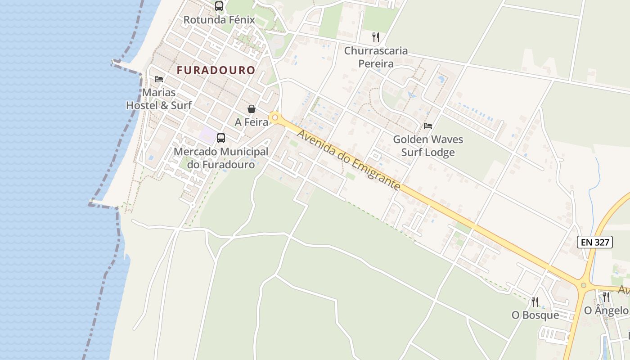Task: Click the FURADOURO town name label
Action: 216,70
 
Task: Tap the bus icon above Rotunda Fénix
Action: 219,6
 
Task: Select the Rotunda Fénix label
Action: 219,20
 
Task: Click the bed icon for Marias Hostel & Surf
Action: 159,79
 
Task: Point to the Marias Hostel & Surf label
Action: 159,99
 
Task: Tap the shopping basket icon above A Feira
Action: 252,109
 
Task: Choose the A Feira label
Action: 252,122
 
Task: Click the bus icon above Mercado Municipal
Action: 221,138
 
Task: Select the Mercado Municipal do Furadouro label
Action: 221,158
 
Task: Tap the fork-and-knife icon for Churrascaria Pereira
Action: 376,37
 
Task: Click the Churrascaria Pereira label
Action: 376,57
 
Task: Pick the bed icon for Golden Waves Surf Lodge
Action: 428,126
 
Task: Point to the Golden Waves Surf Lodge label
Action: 428,146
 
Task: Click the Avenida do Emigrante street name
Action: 349,160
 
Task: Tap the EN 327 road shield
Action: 595,242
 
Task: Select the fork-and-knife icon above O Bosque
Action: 535,301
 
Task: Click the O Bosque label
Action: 535,315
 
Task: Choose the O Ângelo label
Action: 606,310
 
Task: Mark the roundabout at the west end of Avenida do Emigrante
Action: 275,117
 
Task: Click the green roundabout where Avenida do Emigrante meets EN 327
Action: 584,285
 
